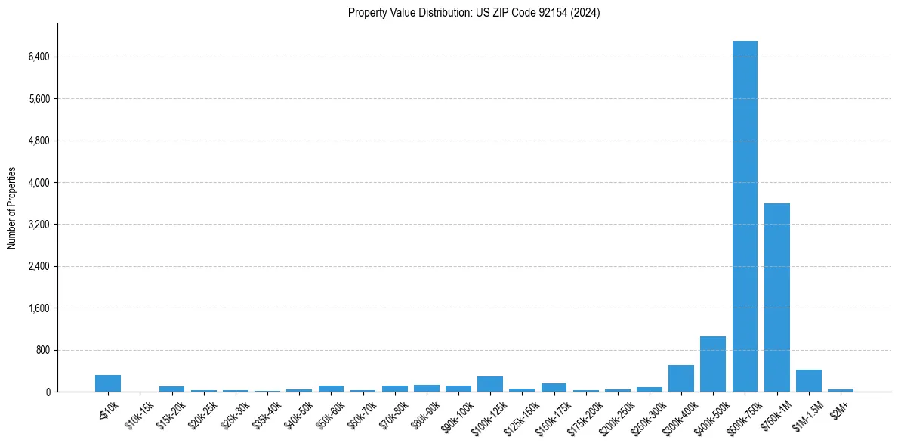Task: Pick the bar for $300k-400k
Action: click(x=681, y=379)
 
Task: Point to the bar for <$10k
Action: click(x=108, y=383)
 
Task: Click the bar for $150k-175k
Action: click(x=554, y=388)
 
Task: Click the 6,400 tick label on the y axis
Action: click(x=39, y=57)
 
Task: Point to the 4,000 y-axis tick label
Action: click(x=39, y=183)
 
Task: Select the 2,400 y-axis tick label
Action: click(x=39, y=267)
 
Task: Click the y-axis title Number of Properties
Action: click(x=11, y=208)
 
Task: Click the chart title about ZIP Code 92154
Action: click(x=474, y=13)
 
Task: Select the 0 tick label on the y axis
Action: click(x=47, y=392)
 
